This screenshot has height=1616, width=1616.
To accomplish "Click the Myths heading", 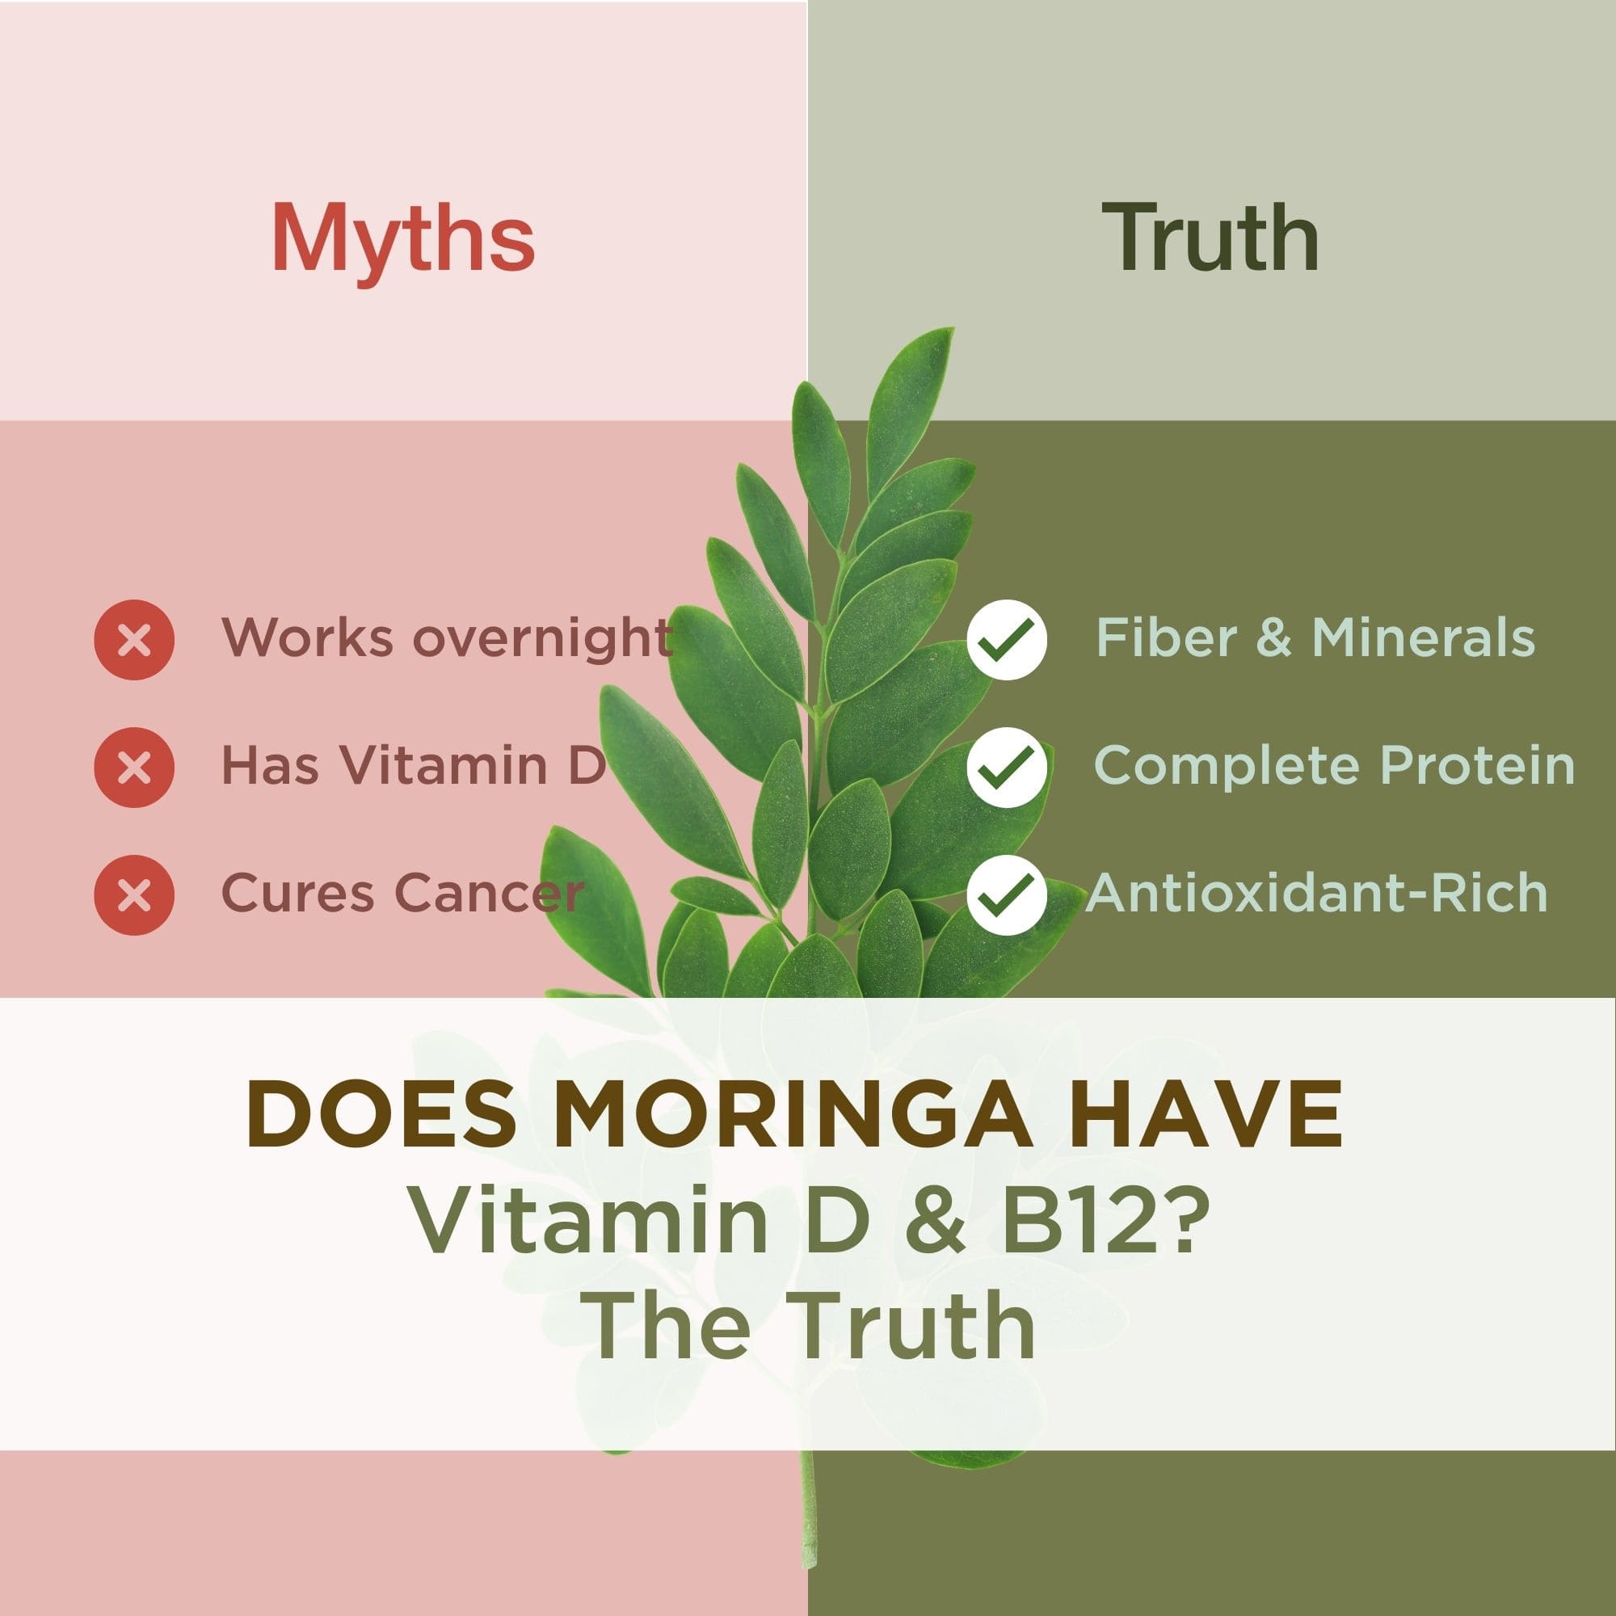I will click(x=402, y=239).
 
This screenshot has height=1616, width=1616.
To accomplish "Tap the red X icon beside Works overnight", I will click(x=135, y=640).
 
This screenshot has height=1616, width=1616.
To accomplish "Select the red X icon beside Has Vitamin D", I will click(x=135, y=767).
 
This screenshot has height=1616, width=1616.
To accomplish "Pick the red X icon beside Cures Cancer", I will click(x=135, y=894).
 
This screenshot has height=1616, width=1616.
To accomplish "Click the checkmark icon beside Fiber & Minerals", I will click(x=1006, y=640).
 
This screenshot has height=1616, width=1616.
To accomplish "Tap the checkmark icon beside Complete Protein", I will click(x=1006, y=767).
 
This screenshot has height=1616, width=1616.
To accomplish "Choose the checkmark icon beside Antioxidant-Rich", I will click(x=1006, y=894).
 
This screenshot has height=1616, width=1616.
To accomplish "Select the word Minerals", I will click(x=1424, y=638).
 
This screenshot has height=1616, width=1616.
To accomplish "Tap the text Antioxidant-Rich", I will click(x=1316, y=894).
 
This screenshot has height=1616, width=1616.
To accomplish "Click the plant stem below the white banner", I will click(x=808, y=1530).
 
